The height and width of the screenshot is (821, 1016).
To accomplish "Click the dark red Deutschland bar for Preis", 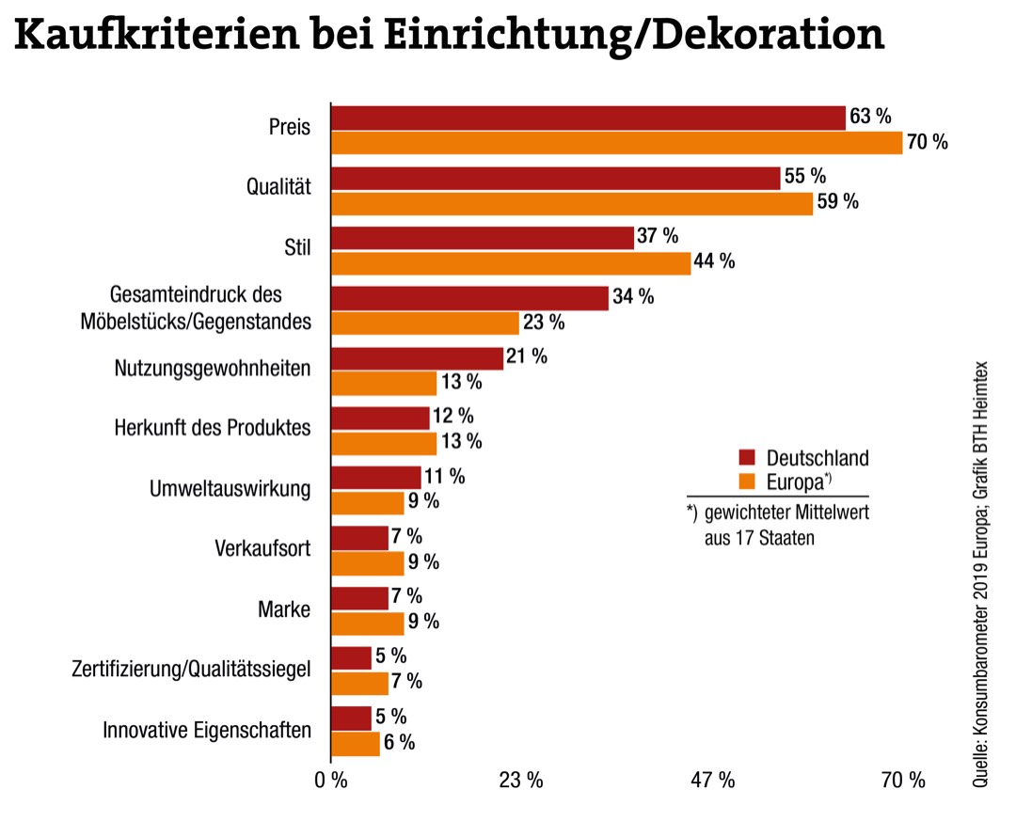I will pos(588,118).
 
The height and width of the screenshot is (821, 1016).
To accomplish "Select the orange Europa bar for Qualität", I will pos(571,203).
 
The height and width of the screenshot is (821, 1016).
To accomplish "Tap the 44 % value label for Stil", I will pos(714,262).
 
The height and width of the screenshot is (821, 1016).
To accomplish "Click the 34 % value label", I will pos(633,297).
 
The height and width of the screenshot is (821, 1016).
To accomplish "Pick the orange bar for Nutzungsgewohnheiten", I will pos(384,383).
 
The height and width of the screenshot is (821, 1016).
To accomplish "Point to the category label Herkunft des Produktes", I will pos(213,427).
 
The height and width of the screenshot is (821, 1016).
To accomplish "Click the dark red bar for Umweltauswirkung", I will pos(375,477).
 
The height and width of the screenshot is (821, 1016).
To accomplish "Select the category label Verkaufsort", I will pos(262,547).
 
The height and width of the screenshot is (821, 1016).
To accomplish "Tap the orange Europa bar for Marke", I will pos(367,622).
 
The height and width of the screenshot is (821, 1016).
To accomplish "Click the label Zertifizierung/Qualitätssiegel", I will pos(191,669).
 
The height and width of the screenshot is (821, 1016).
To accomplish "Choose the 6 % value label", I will pos(400,742).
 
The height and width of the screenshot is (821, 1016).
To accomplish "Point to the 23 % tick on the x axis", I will pos(520,780).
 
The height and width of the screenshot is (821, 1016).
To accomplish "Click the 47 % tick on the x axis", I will pos(712,780).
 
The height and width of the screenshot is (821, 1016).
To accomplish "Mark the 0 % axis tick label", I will pos(332,780).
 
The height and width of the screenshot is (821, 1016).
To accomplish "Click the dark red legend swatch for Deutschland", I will pos(748,458).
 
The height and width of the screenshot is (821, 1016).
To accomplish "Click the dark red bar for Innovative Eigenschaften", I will pos(351,718).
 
